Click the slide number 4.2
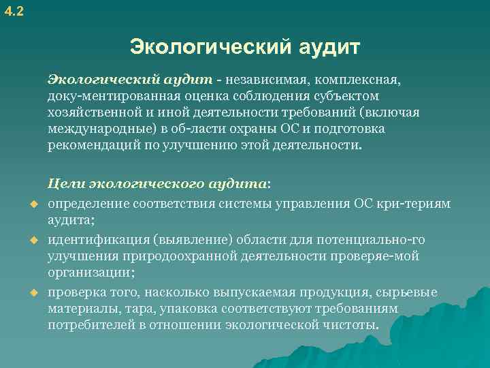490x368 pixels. click(13, 11)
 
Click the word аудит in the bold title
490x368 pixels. click(329, 48)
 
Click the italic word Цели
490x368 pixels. click(65, 183)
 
